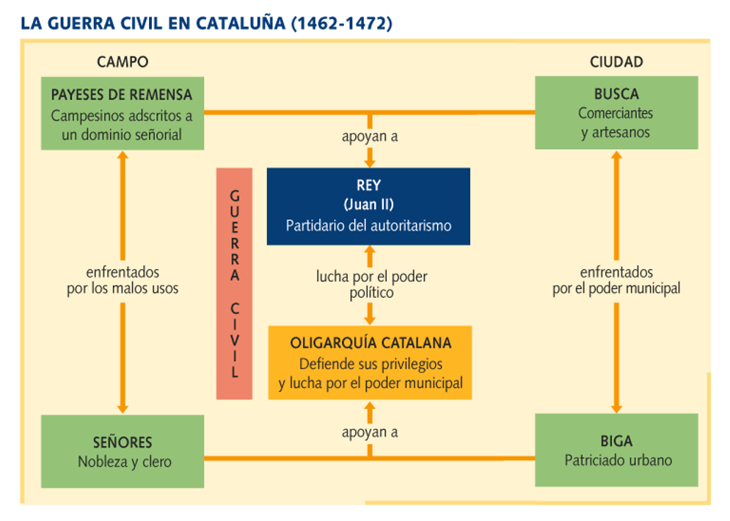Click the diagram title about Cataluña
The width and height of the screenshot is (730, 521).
pyautogui.click(x=206, y=23)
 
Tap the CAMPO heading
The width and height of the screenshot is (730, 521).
pyautogui.click(x=123, y=62)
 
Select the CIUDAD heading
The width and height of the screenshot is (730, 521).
pyautogui.click(x=616, y=62)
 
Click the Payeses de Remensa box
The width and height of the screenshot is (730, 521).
pyautogui.click(x=123, y=114)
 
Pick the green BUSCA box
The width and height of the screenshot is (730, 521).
pyautogui.click(x=616, y=113)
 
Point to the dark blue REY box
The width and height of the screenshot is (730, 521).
pyautogui.click(x=368, y=206)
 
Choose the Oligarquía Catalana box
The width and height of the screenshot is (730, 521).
pyautogui.click(x=370, y=362)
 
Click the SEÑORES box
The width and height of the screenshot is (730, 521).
pyautogui.click(x=123, y=451)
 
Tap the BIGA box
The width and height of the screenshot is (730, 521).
pyautogui.click(x=616, y=451)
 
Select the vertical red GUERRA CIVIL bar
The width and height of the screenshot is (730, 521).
pyautogui.click(x=234, y=283)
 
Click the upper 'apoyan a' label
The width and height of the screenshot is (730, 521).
pyautogui.click(x=370, y=136)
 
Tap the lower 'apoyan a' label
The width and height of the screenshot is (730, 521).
pyautogui.click(x=370, y=432)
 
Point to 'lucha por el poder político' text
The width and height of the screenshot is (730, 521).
pyautogui.click(x=371, y=284)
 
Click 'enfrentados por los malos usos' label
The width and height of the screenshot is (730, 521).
pyautogui.click(x=123, y=280)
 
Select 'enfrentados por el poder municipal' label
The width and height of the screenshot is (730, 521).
pyautogui.click(x=616, y=280)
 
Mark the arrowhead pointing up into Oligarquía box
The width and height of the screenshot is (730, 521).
pyautogui.click(x=370, y=406)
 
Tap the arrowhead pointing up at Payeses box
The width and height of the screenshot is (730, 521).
pyautogui.click(x=123, y=156)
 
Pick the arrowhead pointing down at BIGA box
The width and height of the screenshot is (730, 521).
pyautogui.click(x=616, y=409)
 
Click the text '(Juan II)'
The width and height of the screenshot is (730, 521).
pyautogui.click(x=368, y=205)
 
